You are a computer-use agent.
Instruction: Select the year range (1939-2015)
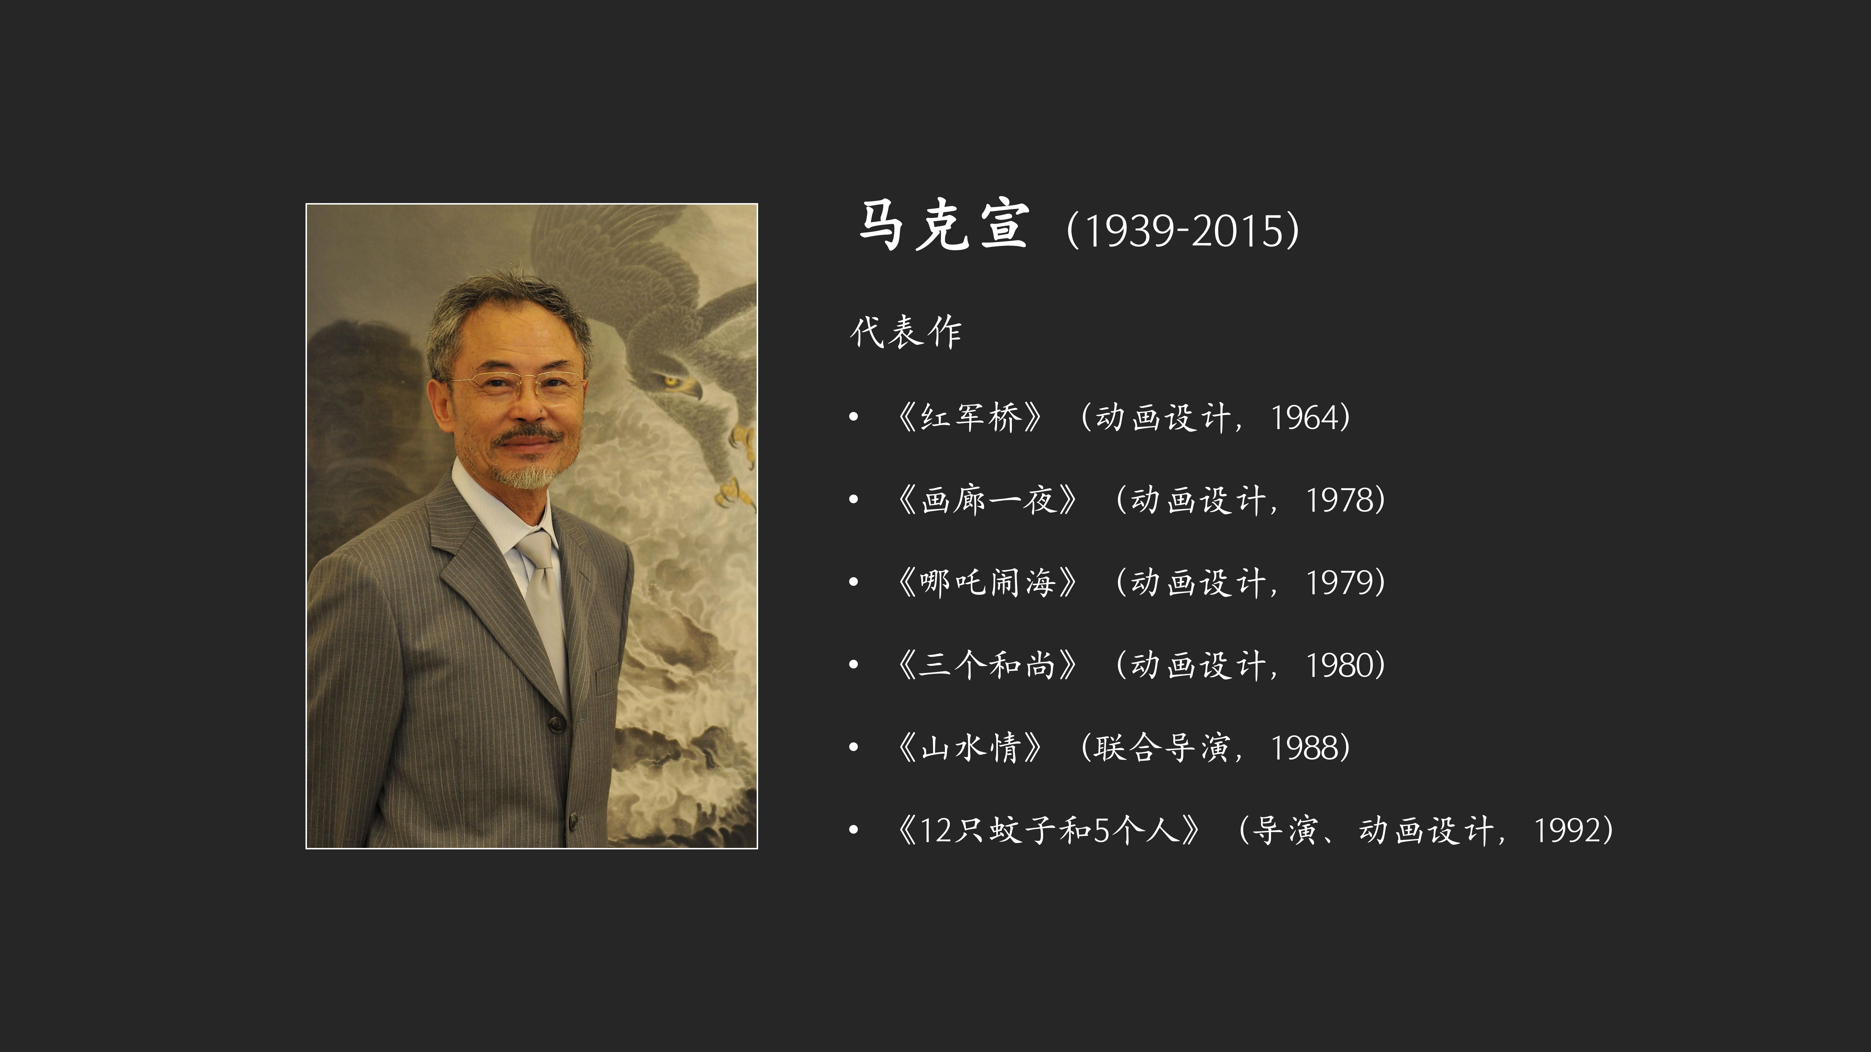1183,230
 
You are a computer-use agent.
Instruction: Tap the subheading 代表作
906,332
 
